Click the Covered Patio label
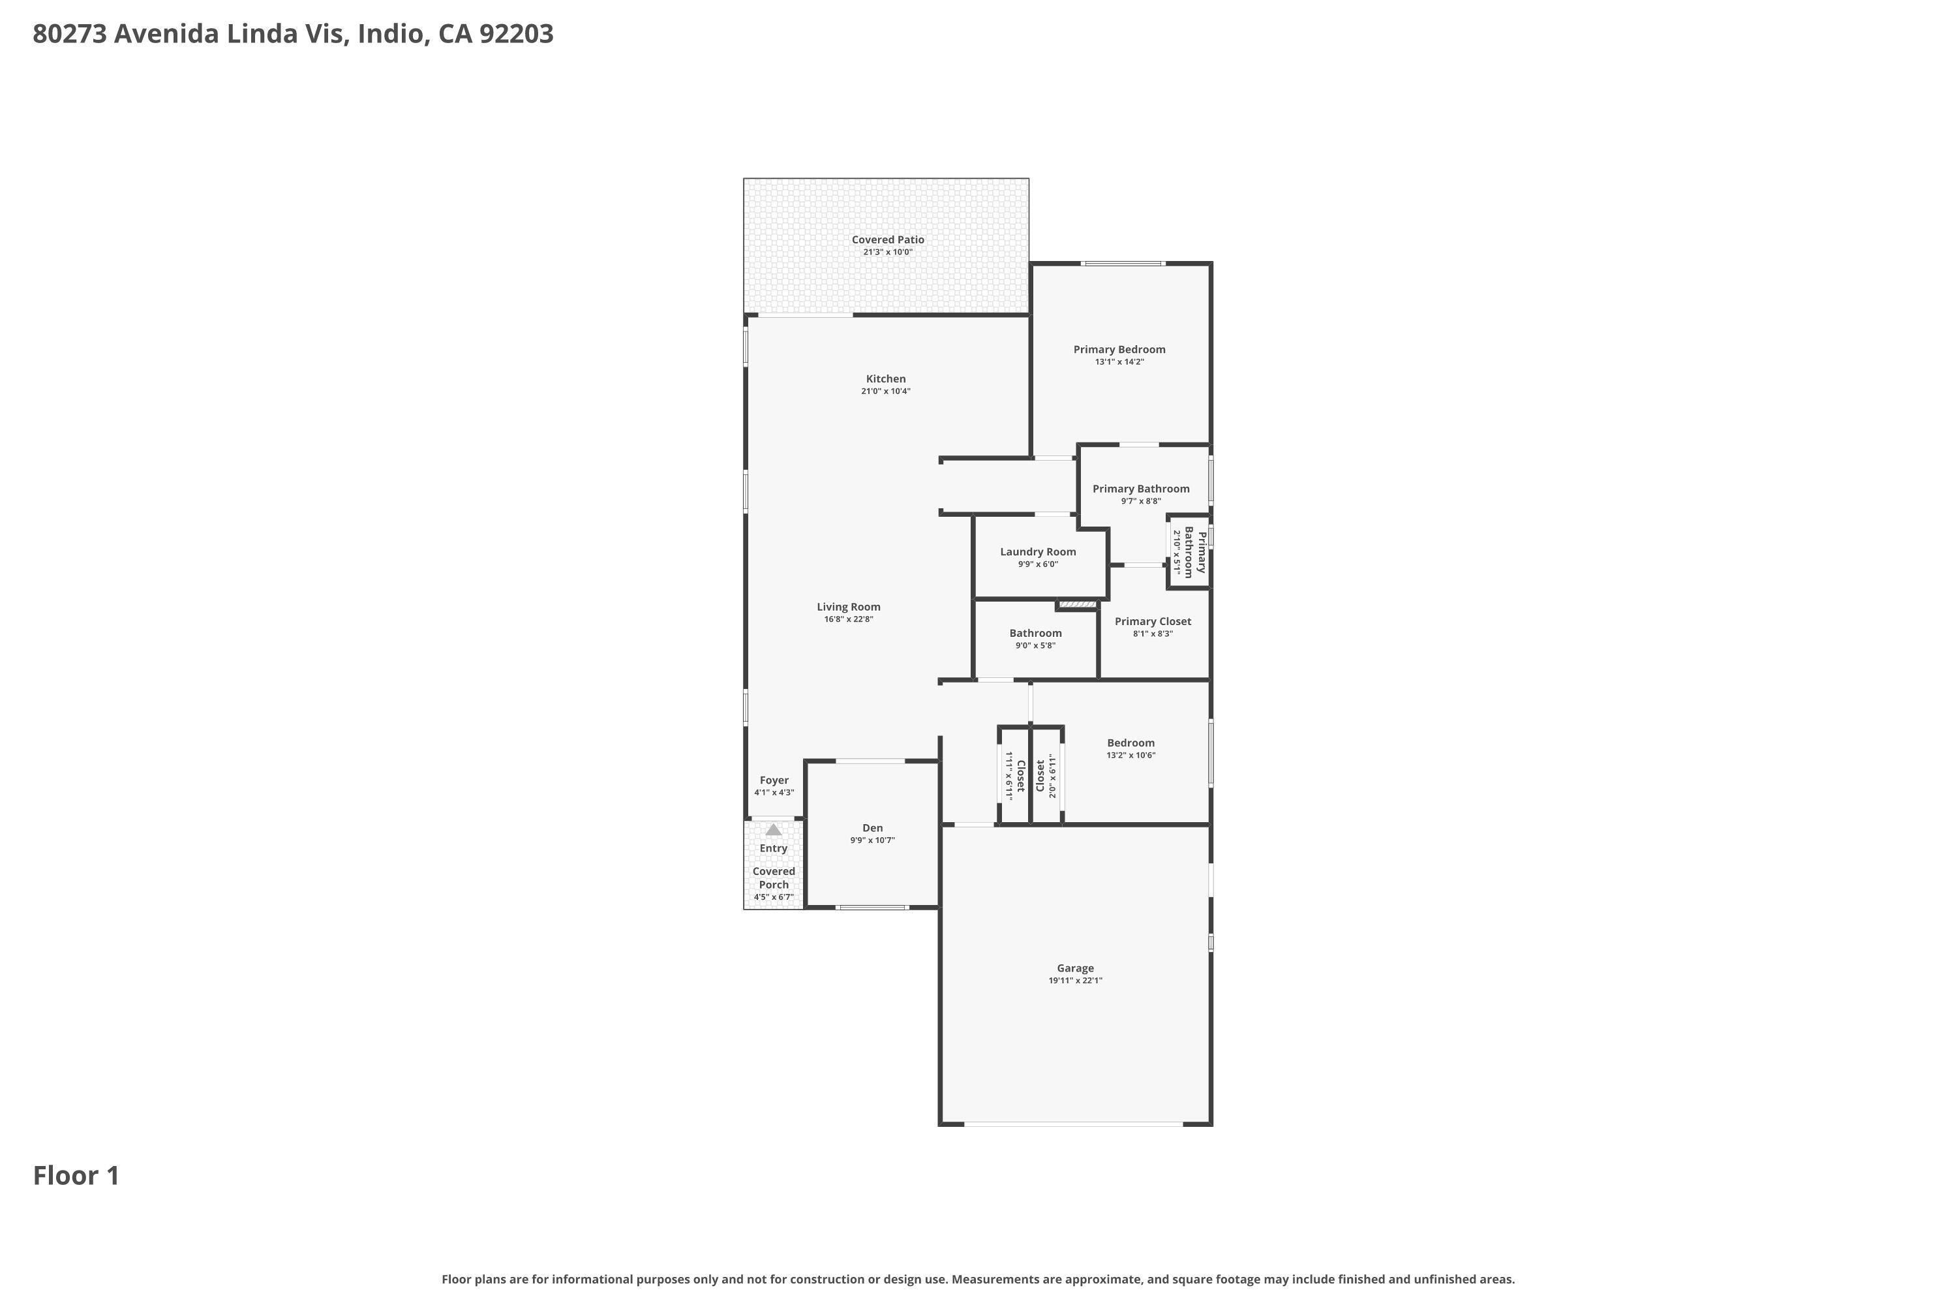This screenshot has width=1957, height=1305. click(888, 239)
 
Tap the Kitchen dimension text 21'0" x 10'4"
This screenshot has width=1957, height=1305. click(886, 391)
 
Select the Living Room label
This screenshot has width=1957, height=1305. click(849, 607)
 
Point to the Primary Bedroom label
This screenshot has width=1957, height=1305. click(1119, 350)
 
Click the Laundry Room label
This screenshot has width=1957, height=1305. click(1039, 552)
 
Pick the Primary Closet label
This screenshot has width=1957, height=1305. click(1153, 622)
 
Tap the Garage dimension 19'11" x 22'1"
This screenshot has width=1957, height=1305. click(1076, 981)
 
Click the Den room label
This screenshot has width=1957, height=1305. click(873, 828)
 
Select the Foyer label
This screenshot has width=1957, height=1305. click(774, 780)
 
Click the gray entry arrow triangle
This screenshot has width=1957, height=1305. click(774, 830)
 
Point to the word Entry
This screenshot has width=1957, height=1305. click(774, 849)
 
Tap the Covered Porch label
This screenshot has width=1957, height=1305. click(774, 878)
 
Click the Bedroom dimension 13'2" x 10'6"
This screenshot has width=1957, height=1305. click(1130, 756)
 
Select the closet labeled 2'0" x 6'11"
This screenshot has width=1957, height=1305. click(1046, 776)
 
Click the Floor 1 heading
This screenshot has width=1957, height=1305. click(76, 1176)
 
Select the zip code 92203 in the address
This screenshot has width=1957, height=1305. click(517, 34)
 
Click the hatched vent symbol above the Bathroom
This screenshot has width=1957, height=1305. click(1078, 604)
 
